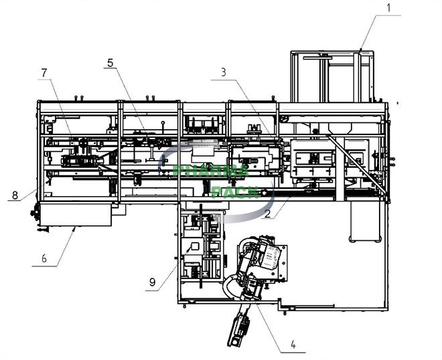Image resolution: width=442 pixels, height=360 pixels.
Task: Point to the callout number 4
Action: click(x=293, y=346)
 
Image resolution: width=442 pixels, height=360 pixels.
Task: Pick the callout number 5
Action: click(x=110, y=63)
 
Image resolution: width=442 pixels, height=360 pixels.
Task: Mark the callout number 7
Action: click(x=45, y=73)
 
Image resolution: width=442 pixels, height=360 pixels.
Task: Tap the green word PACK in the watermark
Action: click(x=234, y=192)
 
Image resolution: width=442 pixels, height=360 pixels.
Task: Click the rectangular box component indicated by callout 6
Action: click(x=76, y=215)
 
